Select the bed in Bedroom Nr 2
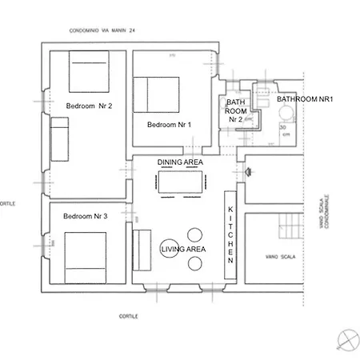[93, 71]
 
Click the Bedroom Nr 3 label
[85, 216]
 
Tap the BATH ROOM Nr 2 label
[235, 110]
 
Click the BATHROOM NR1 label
[309, 99]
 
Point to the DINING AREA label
[181, 162]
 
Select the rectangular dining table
[181, 183]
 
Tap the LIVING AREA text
[184, 250]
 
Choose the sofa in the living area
[143, 250]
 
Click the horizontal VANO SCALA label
[271, 258]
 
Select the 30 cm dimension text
[286, 132]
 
